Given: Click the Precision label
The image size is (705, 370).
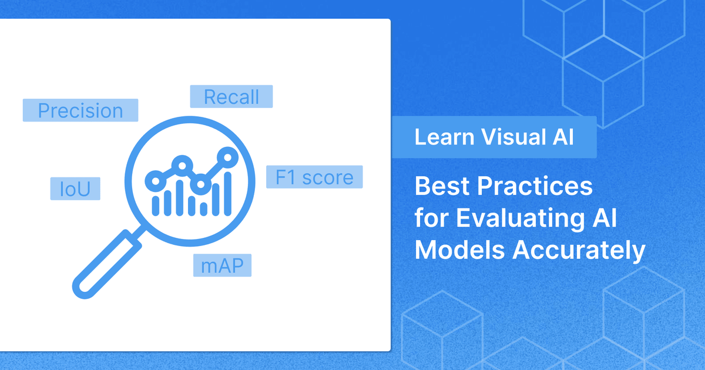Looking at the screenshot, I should pos(80,110).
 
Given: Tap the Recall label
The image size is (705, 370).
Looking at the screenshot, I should pos(231,97).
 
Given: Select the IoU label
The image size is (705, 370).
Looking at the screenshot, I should pos(75,189).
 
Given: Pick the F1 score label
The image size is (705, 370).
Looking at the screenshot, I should pos(314,177).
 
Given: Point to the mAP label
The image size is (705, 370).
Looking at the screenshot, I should pos(223,266).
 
